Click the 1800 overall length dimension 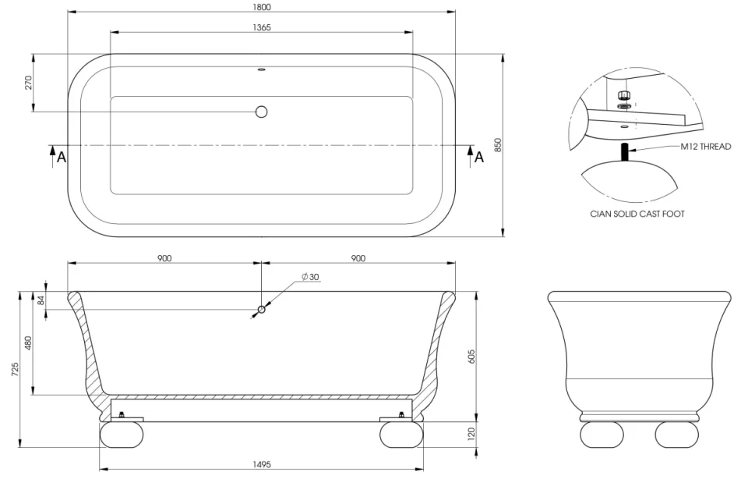261,7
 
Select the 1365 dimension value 261,27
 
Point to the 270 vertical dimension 28,83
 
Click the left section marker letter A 61,157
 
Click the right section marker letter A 479,157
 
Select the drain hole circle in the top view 261,112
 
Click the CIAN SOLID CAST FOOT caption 637,214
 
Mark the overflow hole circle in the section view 261,310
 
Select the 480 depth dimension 29,343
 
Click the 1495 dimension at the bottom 261,464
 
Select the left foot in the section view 122,435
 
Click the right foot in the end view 676,434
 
